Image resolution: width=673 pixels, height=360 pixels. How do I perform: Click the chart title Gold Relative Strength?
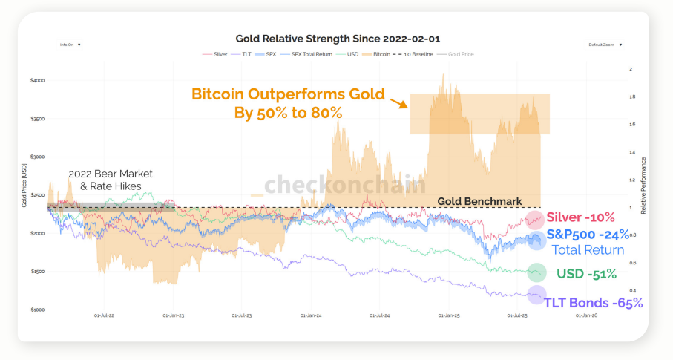338,38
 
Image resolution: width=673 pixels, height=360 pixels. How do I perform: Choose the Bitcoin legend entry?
380,54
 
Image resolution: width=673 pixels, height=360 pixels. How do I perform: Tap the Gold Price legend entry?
461,54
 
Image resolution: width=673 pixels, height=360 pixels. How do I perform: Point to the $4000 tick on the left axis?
38,80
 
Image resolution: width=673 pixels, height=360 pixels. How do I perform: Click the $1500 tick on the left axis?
38,272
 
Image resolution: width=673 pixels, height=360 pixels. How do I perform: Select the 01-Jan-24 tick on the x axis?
312,315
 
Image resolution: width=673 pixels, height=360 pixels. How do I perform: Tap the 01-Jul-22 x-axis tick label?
105,315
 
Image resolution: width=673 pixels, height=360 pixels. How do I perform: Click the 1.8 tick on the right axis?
631,96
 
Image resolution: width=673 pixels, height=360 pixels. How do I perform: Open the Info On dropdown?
70,45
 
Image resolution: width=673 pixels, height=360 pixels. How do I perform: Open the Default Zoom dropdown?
605,45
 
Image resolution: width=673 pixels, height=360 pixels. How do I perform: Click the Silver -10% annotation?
580,217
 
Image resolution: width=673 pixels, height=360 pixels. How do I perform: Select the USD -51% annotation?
586,274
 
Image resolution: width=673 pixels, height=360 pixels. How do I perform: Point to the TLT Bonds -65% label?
593,303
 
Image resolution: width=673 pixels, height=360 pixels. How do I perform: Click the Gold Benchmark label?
479,201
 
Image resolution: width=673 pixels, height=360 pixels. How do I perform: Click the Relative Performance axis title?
643,186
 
